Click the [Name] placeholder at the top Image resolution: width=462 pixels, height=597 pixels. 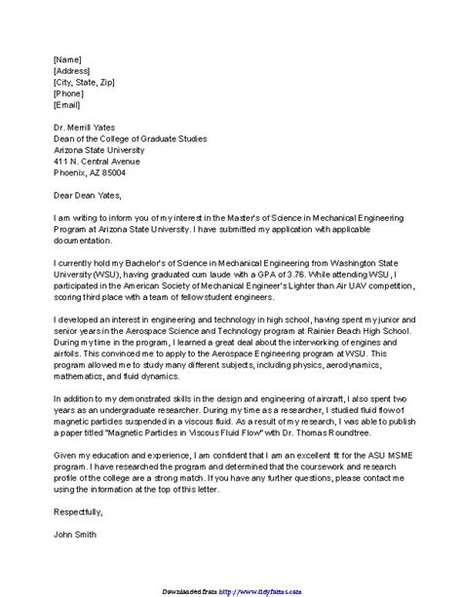click(x=67, y=58)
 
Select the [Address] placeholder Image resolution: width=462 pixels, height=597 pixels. click(x=72, y=70)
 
